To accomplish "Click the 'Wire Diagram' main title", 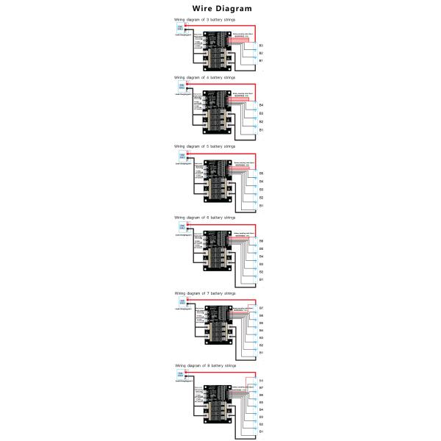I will (x=221, y=9).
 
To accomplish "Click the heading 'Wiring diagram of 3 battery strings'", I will (x=205, y=20).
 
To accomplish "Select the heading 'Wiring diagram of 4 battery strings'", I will (x=205, y=76).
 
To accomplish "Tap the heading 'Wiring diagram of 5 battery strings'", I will (x=205, y=147).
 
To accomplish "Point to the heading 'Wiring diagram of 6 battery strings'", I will (x=205, y=218).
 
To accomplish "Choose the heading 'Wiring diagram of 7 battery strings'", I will (x=205, y=293).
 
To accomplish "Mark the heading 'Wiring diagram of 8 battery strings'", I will (x=206, y=365).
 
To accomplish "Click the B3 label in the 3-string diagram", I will (x=261, y=46).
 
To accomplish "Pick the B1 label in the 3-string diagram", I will (x=261, y=61).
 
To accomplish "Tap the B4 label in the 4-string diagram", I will (x=261, y=106).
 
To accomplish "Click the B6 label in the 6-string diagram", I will (x=261, y=241).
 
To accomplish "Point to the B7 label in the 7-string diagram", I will (x=261, y=308).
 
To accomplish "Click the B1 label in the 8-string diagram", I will (x=261, y=432).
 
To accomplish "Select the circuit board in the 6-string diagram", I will (x=218, y=253).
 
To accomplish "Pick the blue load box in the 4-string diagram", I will (x=180, y=87).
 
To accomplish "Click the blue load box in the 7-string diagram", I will (x=180, y=302).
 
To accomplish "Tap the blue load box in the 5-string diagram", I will (x=180, y=157).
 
